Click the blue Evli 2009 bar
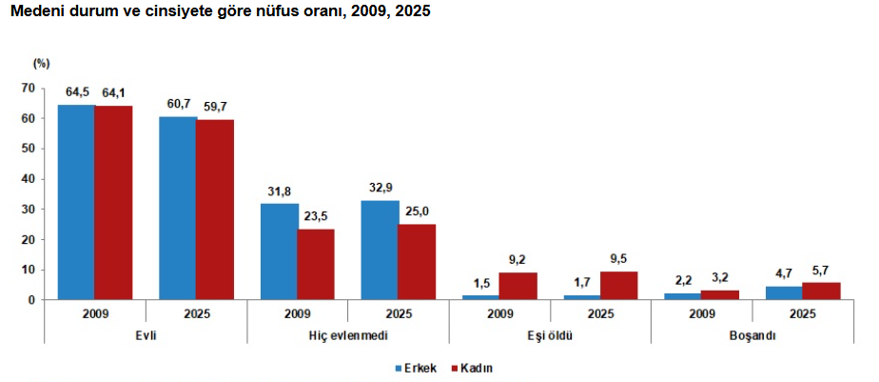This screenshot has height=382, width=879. coord(76,202)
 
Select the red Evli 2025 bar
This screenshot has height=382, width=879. coord(215,210)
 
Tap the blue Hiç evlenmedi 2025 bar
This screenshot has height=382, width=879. coord(379,250)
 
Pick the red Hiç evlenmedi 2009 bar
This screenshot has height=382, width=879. coord(316,265)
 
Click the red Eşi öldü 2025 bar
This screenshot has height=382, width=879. coord(619,286)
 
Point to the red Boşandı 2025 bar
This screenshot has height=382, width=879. coord(821,291)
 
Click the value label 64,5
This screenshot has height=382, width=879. coord(77,93)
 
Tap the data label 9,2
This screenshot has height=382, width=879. coord(518,260)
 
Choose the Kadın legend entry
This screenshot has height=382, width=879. coord(472,369)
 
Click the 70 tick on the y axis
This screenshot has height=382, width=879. coord(29,89)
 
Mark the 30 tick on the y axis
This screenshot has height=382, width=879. coord(29,209)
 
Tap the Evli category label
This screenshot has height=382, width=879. coord(146,335)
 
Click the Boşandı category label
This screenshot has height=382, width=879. coord(752,336)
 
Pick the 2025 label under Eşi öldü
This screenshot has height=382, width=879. coord(601,313)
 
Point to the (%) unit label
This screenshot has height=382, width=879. coord(42,64)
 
